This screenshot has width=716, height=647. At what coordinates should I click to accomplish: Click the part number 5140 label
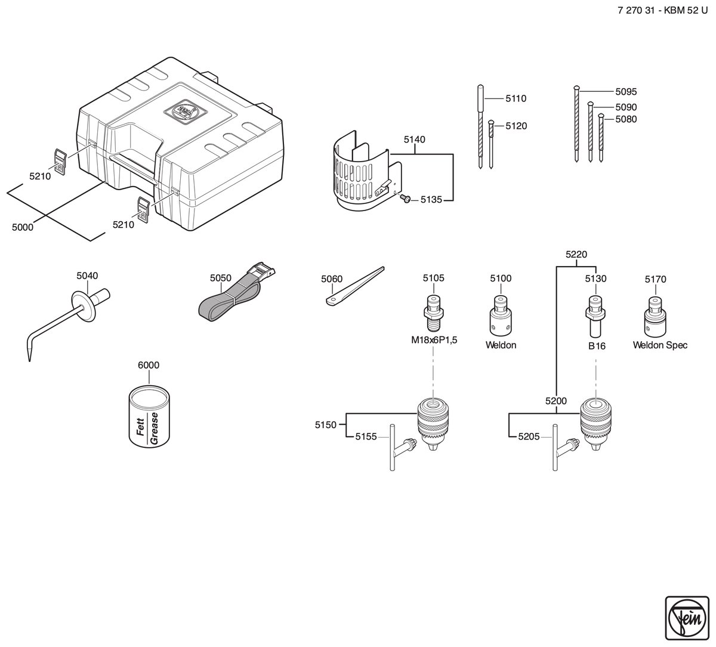click(x=415, y=140)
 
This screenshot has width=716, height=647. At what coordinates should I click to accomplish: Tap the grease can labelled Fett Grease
click(x=149, y=416)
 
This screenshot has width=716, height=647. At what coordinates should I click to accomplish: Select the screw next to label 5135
click(x=405, y=199)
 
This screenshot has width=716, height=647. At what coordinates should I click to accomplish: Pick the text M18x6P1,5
click(x=434, y=340)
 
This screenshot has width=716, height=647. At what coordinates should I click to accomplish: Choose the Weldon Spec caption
click(x=660, y=345)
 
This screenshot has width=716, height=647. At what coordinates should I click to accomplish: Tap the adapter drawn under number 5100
click(x=501, y=315)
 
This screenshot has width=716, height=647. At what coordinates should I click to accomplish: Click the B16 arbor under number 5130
click(x=595, y=317)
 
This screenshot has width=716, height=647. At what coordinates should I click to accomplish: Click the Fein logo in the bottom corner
click(x=687, y=618)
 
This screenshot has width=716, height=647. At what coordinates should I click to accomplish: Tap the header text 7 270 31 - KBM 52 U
click(x=662, y=10)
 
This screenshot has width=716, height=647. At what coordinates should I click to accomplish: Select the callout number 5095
click(x=626, y=92)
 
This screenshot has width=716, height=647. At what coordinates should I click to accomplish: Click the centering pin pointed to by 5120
click(x=491, y=144)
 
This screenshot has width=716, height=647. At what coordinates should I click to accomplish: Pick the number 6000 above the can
click(x=149, y=365)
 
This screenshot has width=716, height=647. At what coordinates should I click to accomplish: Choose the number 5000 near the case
click(x=23, y=227)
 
